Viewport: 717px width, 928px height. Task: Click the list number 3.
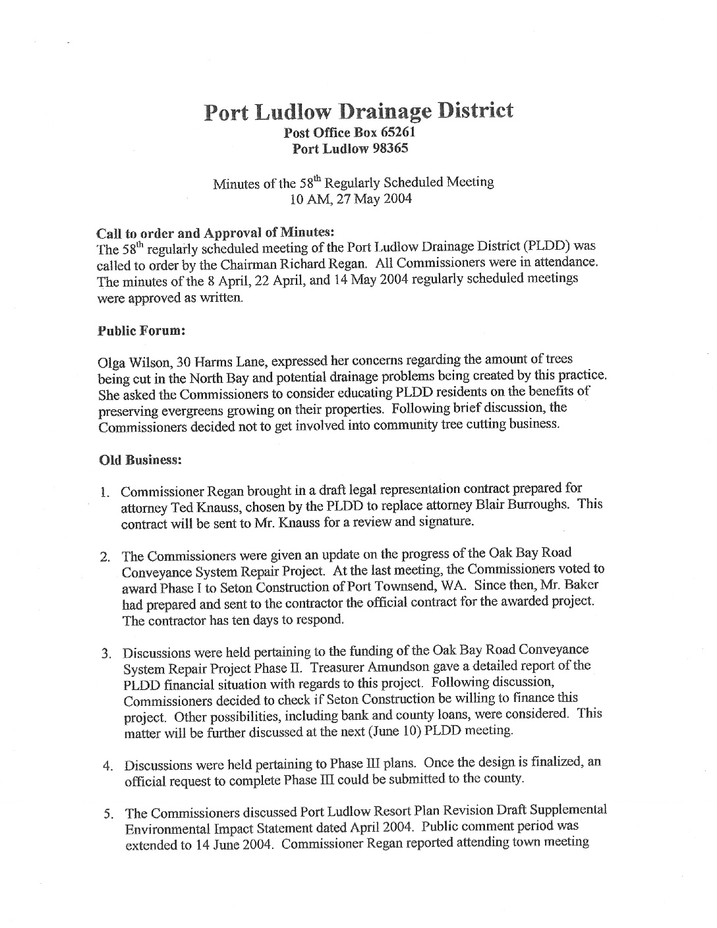tap(105, 654)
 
